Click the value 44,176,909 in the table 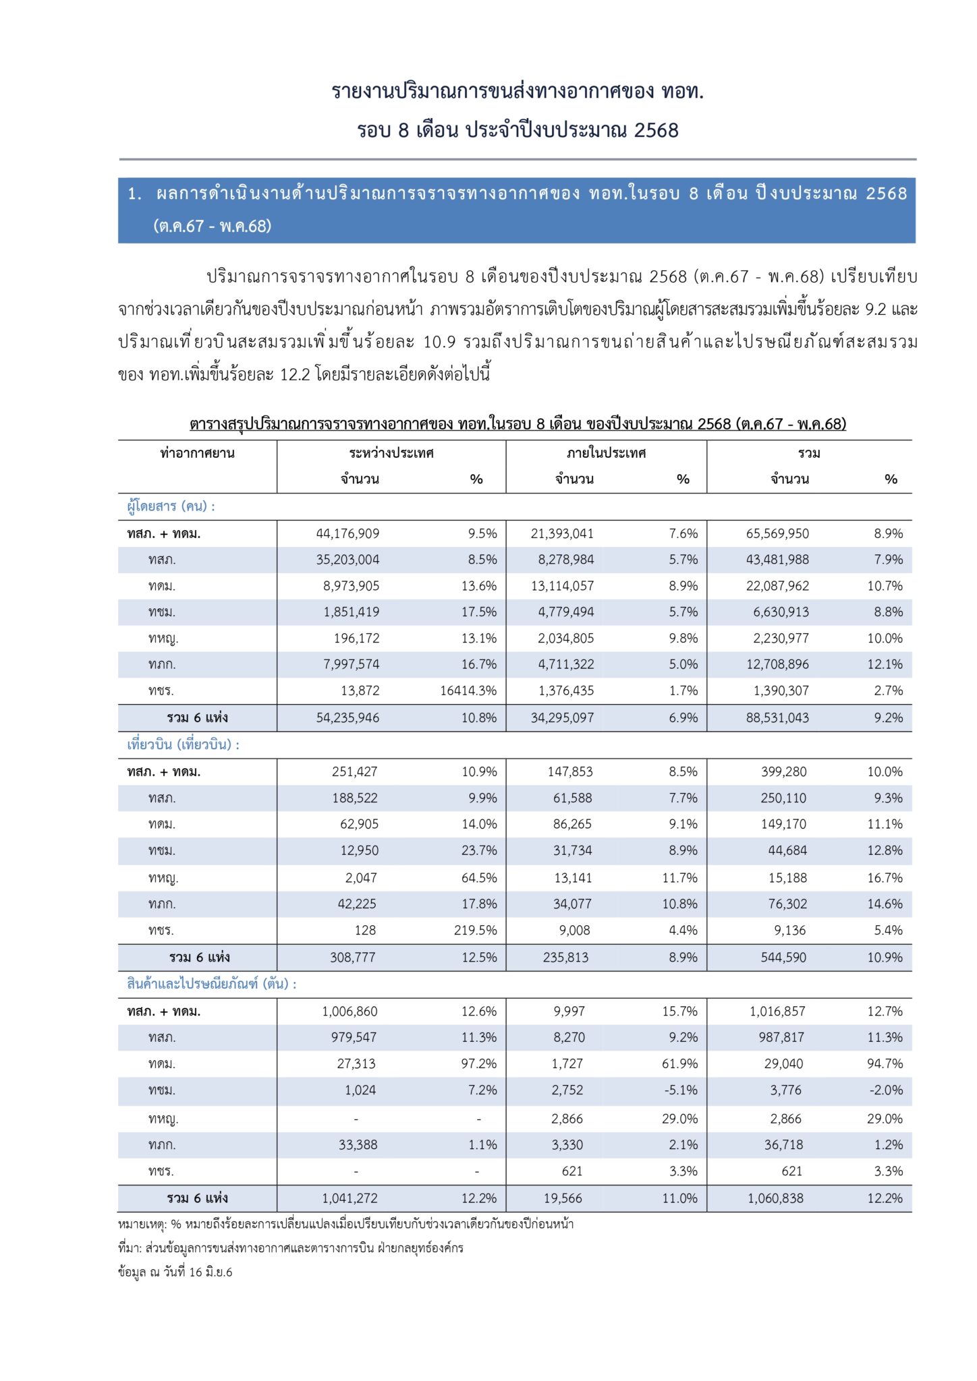coord(347,533)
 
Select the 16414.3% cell coord(468,690)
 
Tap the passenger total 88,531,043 coord(777,717)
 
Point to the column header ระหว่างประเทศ coord(391,453)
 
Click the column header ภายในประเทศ coord(606,453)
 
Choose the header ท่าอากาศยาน coord(197,453)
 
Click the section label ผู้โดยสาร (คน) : coord(171,506)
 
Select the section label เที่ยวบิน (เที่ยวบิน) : coord(183,744)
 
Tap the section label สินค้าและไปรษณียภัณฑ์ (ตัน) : coord(211,984)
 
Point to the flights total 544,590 coord(783,957)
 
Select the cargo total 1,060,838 coord(775,1198)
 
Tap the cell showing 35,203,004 coord(347,560)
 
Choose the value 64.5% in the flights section coord(479,878)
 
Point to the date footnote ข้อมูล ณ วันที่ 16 coord(175,1272)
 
